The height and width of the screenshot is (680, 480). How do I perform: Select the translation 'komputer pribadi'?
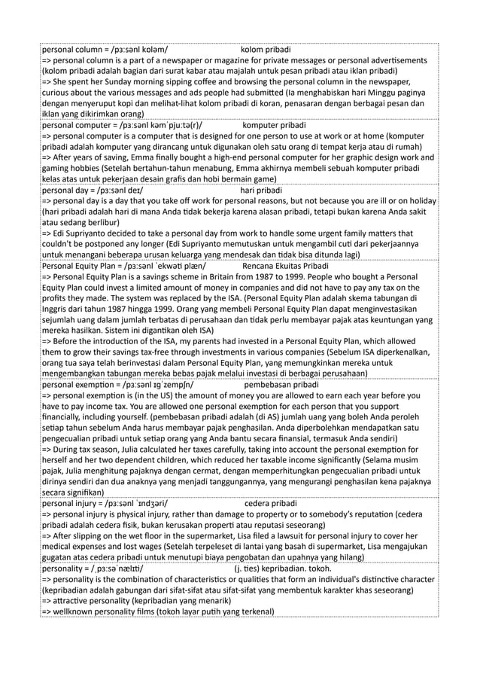coord(275,124)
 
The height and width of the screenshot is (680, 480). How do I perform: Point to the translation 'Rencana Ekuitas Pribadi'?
coord(285,266)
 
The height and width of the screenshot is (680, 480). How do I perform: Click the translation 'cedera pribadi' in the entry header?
coord(271,502)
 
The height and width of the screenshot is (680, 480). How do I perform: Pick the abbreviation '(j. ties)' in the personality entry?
coord(252,569)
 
